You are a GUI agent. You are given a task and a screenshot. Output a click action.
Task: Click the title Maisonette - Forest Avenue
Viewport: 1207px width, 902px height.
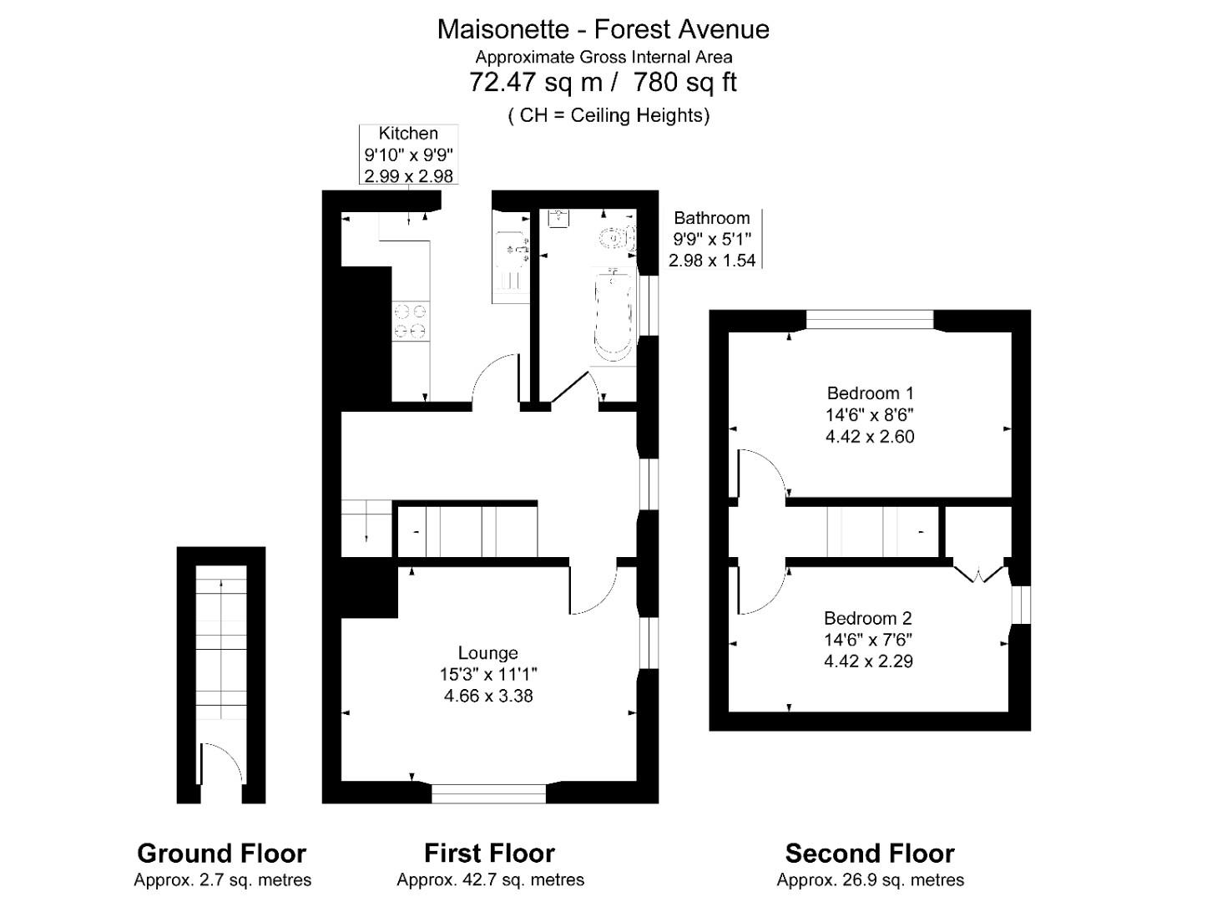click(603, 29)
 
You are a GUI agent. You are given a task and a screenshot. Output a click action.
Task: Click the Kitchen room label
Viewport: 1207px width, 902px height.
click(407, 134)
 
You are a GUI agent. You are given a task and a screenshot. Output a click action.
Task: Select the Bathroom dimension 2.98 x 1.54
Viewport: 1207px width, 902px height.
click(712, 261)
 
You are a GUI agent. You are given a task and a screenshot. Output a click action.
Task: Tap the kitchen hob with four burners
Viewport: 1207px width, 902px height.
click(411, 321)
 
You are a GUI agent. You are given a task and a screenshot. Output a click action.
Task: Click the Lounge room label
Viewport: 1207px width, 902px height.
click(487, 653)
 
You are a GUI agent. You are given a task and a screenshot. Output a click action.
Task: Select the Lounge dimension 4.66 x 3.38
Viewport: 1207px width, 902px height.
click(488, 696)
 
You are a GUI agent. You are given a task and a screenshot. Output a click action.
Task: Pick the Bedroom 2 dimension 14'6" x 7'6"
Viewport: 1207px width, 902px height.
click(868, 640)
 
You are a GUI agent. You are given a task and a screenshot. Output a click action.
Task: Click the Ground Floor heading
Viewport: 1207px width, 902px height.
click(221, 854)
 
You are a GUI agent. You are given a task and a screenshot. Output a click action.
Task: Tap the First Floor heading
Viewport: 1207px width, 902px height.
click(489, 854)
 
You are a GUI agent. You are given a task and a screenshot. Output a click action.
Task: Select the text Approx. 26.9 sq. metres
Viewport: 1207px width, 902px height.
click(870, 880)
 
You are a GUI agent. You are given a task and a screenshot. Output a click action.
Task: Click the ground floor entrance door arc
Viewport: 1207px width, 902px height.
click(222, 762)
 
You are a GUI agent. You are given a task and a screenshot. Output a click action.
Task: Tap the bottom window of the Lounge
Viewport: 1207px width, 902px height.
click(488, 793)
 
